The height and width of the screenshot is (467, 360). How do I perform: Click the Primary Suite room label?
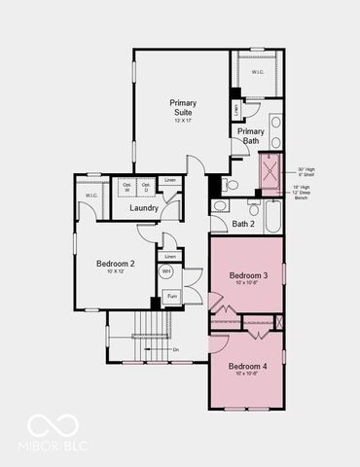(182, 107)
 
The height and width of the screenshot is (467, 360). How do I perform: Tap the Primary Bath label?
(251, 136)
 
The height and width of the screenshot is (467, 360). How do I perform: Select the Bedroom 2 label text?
(114, 264)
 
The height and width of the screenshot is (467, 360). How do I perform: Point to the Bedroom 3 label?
(248, 275)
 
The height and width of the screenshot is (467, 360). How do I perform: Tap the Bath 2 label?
(243, 224)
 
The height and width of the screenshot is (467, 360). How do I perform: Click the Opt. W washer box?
(127, 186)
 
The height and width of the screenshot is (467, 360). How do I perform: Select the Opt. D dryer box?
(146, 186)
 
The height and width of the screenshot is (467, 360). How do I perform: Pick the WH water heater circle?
(166, 271)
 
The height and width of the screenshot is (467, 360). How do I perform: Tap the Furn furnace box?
(171, 296)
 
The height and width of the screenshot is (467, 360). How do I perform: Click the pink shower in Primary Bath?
(270, 170)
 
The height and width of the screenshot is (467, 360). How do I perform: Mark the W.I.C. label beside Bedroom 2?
(91, 196)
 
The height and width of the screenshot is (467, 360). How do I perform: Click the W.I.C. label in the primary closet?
(258, 72)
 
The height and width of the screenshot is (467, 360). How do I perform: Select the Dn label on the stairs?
(175, 348)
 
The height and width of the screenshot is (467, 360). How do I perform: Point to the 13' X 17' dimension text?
(182, 120)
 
